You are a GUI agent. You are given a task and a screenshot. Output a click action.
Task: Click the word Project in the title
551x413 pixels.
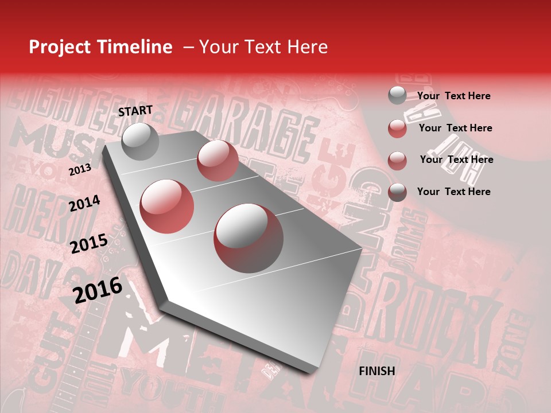60,48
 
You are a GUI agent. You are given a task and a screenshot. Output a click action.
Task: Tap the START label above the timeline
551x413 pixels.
135,111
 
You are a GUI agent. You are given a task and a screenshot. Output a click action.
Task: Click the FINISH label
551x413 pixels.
377,371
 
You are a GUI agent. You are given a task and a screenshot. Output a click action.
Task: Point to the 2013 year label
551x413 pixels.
80,170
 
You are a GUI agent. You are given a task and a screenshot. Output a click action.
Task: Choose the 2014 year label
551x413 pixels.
84,204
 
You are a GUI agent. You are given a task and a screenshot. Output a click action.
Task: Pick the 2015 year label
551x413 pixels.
89,244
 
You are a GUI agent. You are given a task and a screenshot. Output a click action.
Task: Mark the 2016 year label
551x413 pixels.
98,290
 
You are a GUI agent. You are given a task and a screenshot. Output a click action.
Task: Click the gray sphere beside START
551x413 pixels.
141,141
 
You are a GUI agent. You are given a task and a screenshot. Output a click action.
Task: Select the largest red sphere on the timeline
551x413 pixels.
249,238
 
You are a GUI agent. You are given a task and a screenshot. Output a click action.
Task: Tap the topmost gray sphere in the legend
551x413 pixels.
397,95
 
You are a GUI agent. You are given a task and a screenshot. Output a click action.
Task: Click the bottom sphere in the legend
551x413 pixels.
397,192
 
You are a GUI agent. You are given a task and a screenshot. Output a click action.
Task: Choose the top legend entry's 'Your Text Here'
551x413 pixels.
453,96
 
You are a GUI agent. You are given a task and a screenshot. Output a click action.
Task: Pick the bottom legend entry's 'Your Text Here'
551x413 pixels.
453,192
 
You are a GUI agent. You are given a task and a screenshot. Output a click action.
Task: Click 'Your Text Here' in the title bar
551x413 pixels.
263,47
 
